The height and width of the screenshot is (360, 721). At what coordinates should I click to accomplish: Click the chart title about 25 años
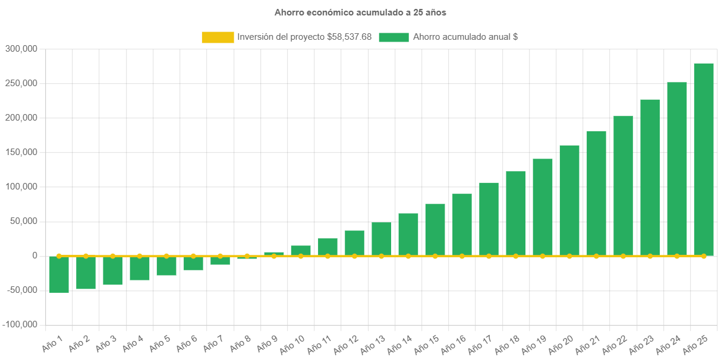point(360,12)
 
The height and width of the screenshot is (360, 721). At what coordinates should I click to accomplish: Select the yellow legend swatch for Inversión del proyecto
point(218,37)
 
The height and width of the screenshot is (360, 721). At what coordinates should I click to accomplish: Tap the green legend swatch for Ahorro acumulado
point(393,37)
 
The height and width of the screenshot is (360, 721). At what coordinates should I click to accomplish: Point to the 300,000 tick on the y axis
point(21,49)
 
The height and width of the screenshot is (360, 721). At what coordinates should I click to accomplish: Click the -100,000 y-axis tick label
point(20,324)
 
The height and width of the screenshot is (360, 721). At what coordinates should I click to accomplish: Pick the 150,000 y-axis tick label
point(21,152)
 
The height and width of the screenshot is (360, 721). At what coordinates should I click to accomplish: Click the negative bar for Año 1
point(59,274)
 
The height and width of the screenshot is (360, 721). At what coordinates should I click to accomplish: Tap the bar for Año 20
point(569,200)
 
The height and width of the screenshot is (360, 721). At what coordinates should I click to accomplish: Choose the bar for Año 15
point(435,230)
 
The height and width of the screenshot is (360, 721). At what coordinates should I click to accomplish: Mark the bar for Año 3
point(112,271)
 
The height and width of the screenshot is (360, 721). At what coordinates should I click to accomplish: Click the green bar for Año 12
point(354,243)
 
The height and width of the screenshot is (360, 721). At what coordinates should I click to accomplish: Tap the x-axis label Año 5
point(159,342)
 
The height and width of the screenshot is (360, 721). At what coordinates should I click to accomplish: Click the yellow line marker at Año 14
point(408,256)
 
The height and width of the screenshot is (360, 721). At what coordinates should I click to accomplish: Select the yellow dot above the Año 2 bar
point(86,256)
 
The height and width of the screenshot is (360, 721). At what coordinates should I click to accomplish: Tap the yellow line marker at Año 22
point(623,256)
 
